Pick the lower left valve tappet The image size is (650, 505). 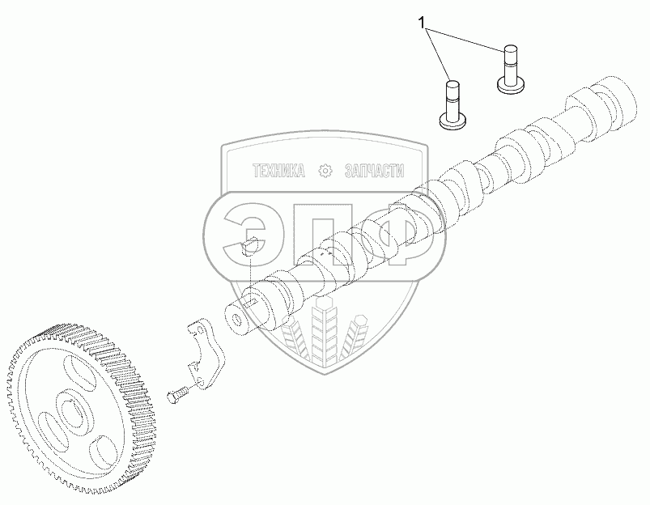click(455, 101)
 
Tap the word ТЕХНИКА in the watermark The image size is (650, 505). click(278, 171)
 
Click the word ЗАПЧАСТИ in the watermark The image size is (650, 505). click(373, 171)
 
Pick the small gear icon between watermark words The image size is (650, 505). click(325, 171)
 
